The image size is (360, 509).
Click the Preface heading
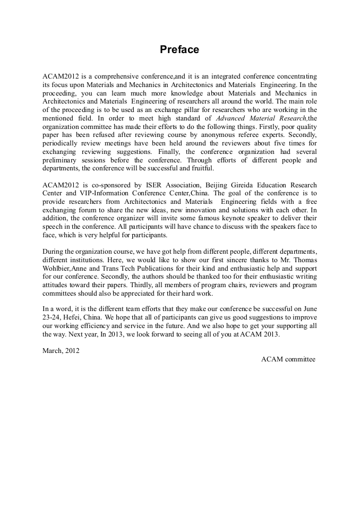pyautogui.click(x=179, y=50)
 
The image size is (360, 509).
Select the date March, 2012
pyautogui.click(x=61, y=350)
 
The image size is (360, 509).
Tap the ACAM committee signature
pyautogui.click(x=288, y=359)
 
